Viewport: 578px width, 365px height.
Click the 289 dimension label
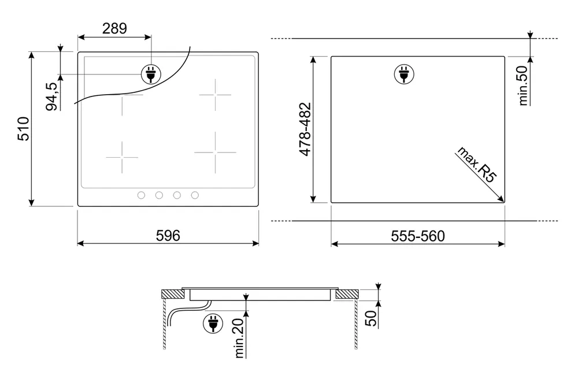114,28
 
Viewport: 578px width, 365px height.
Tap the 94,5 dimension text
52,96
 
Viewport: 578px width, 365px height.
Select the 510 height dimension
24,129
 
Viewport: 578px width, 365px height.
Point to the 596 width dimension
168,236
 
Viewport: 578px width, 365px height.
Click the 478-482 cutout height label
306,129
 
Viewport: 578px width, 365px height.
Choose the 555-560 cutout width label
418,236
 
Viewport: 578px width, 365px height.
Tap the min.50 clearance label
523,85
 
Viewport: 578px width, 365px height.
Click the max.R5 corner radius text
477,164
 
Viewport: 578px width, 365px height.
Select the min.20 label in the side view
239,338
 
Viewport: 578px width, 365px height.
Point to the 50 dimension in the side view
371,318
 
